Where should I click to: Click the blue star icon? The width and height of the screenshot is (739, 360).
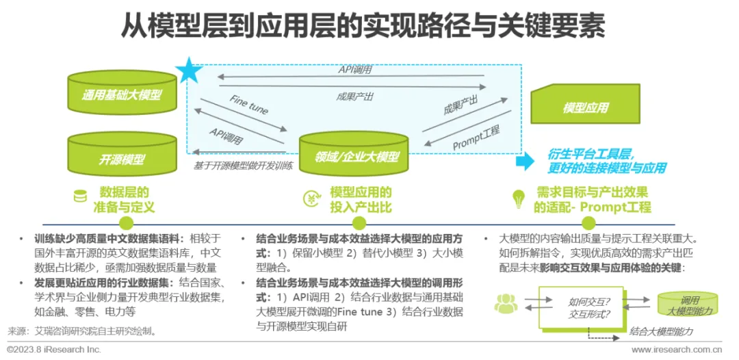tap(189, 70)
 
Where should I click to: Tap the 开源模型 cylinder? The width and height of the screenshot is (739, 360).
tap(122, 157)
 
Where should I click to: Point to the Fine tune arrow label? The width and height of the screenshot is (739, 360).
tap(249, 106)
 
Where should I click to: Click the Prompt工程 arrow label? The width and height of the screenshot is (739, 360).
tap(476, 138)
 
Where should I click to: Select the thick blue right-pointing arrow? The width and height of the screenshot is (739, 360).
tap(525, 162)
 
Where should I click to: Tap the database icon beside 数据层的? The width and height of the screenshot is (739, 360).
tap(80, 197)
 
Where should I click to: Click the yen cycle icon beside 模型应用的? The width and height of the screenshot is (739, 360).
tap(311, 198)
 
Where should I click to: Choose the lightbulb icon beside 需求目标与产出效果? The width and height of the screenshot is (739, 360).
tap(519, 198)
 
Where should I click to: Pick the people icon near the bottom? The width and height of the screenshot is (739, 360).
tap(506, 304)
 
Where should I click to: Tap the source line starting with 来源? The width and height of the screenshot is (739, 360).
tap(82, 332)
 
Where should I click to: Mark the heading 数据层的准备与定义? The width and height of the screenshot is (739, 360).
tap(124, 199)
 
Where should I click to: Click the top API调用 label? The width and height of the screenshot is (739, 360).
tap(355, 70)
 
